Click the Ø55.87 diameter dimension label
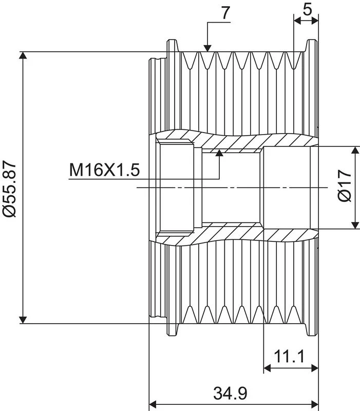[9, 189]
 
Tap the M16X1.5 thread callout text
[104, 170]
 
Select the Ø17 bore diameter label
[344, 185]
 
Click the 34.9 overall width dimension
[230, 393]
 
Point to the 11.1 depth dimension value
[289, 357]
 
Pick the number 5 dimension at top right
[307, 10]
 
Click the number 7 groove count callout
[225, 12]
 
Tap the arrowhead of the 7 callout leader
[207, 48]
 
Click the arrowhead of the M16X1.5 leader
[219, 153]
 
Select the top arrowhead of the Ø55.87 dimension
[23, 55]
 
